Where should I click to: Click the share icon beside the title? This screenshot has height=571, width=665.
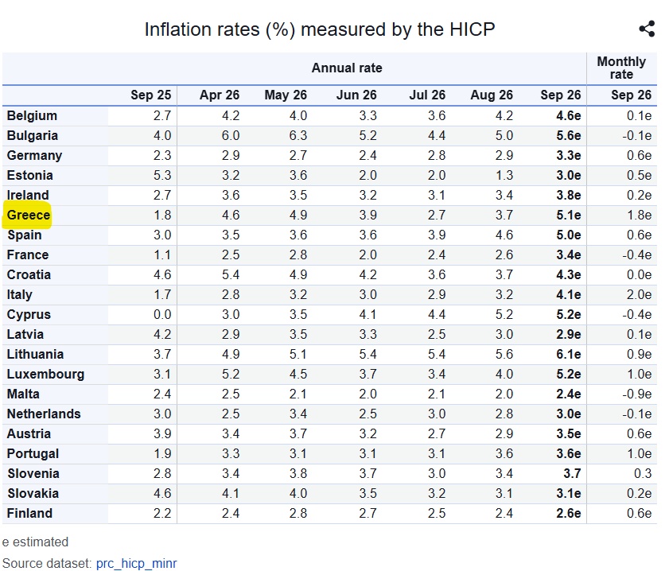point(647,29)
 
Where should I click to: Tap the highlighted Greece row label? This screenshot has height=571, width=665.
point(29,215)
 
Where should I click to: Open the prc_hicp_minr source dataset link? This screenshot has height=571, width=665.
point(136,563)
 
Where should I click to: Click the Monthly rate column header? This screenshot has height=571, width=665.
point(621,68)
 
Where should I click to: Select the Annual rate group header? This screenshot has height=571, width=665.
point(347,68)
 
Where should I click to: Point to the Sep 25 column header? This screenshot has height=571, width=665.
point(150,95)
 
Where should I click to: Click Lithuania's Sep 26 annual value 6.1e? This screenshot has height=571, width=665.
point(568,354)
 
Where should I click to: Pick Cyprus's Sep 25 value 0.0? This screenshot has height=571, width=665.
point(162,314)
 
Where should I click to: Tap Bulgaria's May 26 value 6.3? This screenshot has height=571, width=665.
point(298,135)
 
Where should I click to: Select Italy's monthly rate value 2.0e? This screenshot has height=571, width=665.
point(639,294)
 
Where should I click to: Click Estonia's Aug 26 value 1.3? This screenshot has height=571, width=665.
point(504,175)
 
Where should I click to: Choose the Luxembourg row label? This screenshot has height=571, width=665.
point(45,374)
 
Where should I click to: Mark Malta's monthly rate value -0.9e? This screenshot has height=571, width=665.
point(636,394)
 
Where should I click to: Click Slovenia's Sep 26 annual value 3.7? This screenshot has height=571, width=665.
point(572,473)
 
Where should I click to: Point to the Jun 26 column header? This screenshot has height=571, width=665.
point(356,95)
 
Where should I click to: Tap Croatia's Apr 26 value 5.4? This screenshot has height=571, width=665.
point(231,274)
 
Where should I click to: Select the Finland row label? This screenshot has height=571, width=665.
point(29,513)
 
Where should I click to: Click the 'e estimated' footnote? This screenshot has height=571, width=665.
point(35,542)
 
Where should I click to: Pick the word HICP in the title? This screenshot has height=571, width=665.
point(472,29)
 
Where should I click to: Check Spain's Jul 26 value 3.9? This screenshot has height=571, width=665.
point(437,235)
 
